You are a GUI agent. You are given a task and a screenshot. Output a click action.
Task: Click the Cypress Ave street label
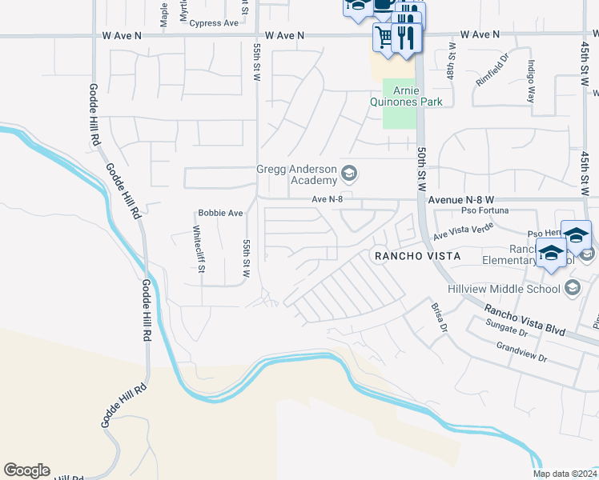click(214, 23)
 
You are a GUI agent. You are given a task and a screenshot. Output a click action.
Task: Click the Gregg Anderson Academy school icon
click(348, 173)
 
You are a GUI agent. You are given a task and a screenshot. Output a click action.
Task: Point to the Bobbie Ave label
click(220, 214)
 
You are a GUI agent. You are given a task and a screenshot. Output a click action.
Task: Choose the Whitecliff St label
click(197, 249)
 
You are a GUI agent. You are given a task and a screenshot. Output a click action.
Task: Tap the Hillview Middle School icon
click(572, 287)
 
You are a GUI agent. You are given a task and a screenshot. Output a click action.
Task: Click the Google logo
click(26, 470)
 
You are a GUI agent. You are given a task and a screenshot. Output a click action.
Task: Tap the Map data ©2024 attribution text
click(565, 474)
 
